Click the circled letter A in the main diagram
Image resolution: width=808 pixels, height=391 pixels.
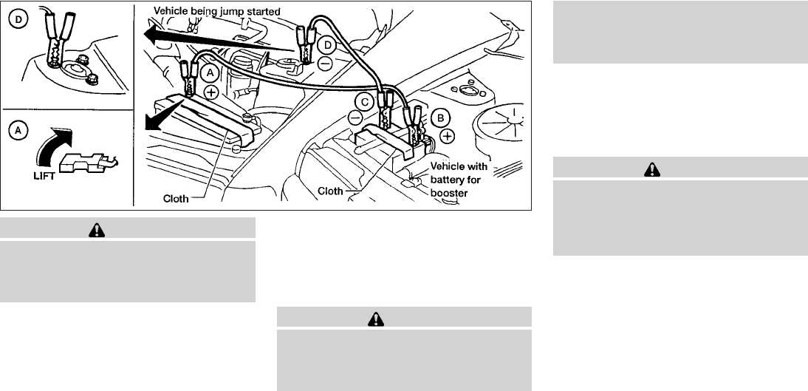(x=210, y=73)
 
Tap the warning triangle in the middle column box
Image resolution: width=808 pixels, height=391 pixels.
(x=377, y=318)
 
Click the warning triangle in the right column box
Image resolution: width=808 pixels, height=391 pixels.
(x=652, y=169)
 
